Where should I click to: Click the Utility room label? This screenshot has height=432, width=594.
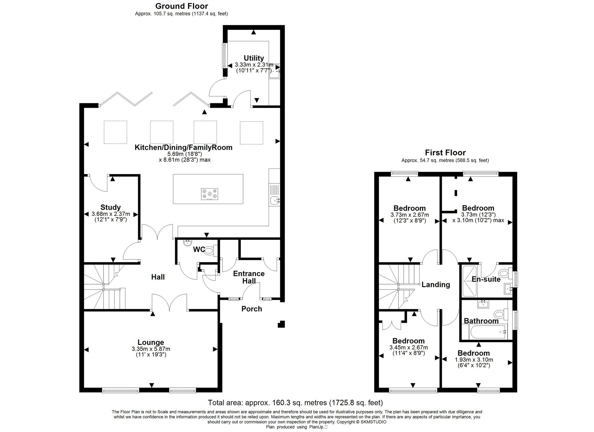[253, 58]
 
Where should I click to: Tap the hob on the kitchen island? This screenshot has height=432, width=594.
[209, 194]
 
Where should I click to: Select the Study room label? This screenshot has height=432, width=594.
[110, 207]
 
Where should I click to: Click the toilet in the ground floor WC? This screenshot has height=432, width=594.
[210, 251]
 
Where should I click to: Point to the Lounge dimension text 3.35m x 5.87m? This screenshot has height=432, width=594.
[151, 349]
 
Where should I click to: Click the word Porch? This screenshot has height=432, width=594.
[251, 309]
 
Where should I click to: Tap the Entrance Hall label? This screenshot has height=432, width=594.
[249, 277]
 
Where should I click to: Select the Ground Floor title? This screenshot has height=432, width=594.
[182, 6]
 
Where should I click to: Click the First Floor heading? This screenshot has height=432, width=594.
[445, 153]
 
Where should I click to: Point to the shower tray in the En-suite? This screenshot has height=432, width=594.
[469, 281]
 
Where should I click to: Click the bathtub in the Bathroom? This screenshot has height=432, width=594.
[488, 332]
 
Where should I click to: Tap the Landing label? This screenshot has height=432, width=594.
[436, 285]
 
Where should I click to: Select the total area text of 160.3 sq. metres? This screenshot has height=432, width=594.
[295, 403]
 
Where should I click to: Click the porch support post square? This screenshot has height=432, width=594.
[281, 324]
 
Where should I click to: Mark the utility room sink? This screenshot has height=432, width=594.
[274, 71]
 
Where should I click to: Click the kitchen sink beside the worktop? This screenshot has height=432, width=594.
[274, 200]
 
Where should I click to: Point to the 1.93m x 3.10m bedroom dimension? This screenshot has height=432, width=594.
[474, 360]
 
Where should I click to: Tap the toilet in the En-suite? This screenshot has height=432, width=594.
[505, 273]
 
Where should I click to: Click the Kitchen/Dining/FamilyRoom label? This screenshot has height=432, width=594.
[183, 147]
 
